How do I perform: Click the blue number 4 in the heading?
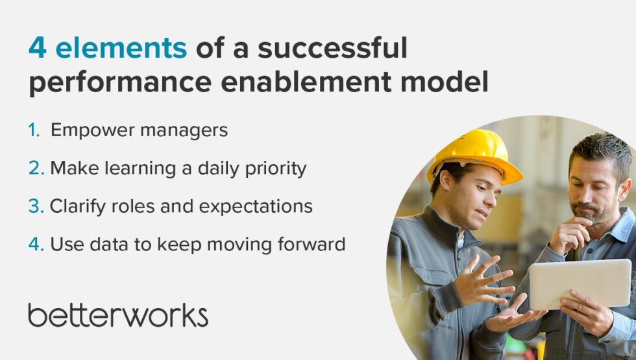[37, 49]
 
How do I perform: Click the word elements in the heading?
[121, 49]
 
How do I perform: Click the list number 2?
[35, 169]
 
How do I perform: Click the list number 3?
[35, 206]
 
